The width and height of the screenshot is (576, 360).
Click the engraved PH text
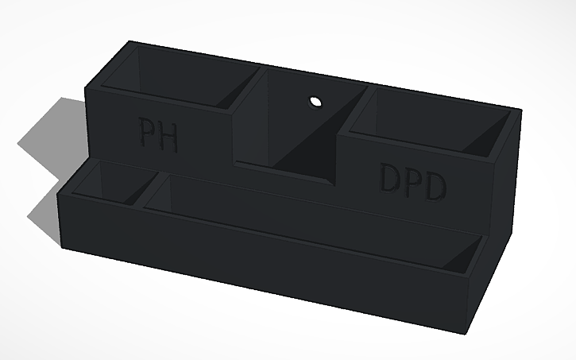point(158,134)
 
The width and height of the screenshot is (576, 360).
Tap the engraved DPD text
point(412,182)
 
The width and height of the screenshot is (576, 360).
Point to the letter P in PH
point(146,133)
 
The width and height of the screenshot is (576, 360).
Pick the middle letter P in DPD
point(412,183)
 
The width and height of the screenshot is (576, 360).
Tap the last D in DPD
point(435,187)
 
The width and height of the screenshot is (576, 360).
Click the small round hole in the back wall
point(315,102)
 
